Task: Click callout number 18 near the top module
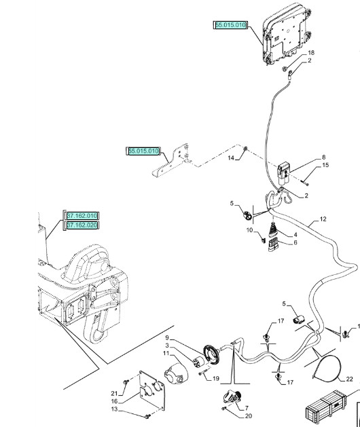[x=311, y=52]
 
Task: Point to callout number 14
[x=230, y=157]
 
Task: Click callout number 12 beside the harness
[x=323, y=219]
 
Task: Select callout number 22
[x=349, y=379]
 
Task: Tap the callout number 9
[x=165, y=338]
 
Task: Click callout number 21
[x=114, y=393]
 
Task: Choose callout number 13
[x=114, y=409]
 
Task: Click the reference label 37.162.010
[x=82, y=215]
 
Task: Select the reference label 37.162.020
[x=82, y=225]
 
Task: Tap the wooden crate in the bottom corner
[x=330, y=410]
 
